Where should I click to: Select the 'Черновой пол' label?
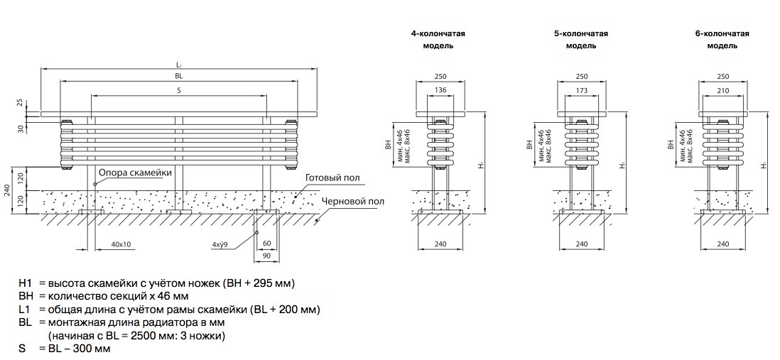[353, 202]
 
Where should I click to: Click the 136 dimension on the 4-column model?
[440, 90]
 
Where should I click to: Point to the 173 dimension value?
[582, 90]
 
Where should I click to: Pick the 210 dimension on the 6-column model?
[723, 90]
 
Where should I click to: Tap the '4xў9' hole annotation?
[220, 245]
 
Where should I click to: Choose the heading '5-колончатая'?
[581, 33]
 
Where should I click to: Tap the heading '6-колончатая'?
[722, 33]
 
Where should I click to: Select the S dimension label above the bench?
[179, 90]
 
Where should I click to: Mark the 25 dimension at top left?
[21, 103]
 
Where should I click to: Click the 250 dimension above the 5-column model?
[582, 76]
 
